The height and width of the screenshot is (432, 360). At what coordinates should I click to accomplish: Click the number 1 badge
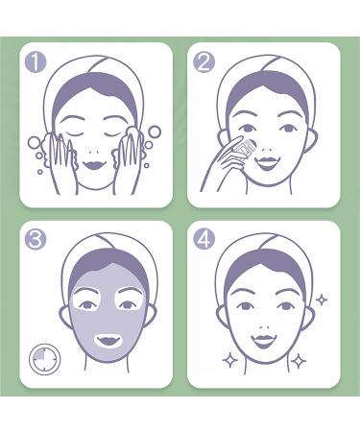point(36,63)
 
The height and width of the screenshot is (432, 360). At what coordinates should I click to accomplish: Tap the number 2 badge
point(204,63)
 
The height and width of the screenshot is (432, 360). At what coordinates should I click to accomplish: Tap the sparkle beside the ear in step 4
point(321,300)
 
